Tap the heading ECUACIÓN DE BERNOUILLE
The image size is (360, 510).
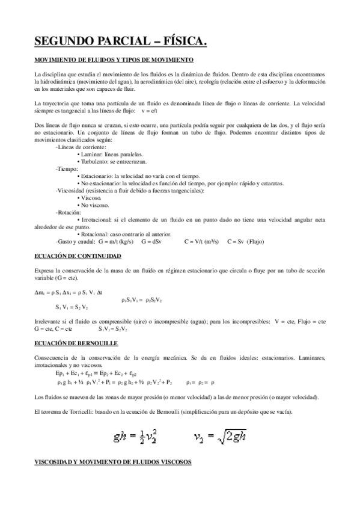click(76, 343)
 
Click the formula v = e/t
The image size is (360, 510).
click(149, 111)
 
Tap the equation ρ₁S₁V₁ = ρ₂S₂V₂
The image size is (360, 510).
click(141, 299)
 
